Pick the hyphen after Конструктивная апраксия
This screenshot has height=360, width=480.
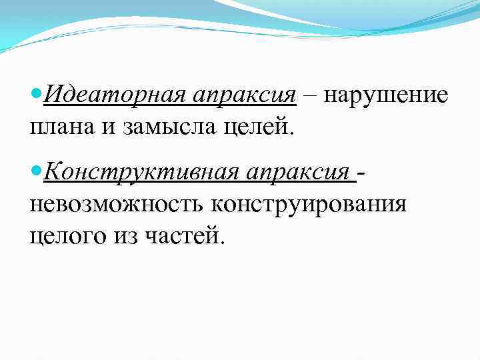click(x=361, y=175)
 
